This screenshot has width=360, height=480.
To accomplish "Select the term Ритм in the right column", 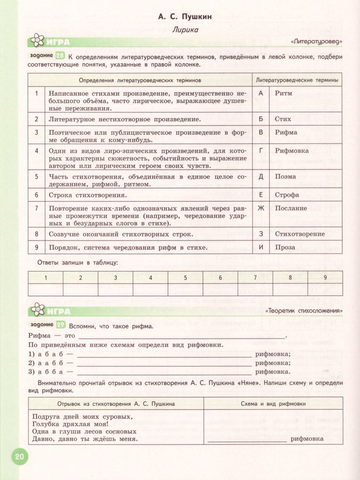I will [x=284, y=93].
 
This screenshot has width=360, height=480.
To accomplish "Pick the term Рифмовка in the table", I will [x=292, y=151].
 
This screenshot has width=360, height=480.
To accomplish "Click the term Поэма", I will [x=286, y=176].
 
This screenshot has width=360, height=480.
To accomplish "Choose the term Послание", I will [x=291, y=208].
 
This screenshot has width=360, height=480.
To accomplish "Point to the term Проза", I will [x=285, y=247].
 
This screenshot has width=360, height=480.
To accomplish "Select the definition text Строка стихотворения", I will [x=88, y=196].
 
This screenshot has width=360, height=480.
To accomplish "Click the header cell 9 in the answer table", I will [x=325, y=277].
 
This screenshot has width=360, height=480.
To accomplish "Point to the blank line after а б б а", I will [x=164, y=372].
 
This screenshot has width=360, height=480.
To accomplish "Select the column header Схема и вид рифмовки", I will [x=273, y=404].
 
